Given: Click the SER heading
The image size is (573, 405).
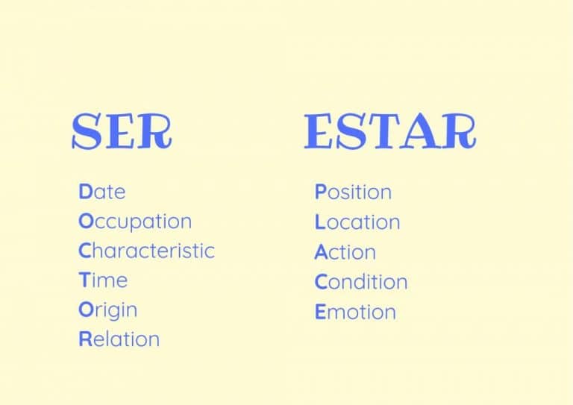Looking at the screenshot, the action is click(122, 131).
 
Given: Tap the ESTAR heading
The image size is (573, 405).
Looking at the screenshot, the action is click(390, 131).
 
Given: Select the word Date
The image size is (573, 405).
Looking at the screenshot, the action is click(102, 192).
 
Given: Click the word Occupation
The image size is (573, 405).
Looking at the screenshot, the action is click(135, 222).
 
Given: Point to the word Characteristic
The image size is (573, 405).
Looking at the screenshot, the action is click(146, 251).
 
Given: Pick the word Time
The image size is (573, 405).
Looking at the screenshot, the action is click(103, 280).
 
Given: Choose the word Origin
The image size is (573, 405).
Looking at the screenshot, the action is click(108, 311).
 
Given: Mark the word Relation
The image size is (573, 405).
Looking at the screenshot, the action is click(119, 339).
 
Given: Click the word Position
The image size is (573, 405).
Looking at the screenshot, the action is click(353, 192).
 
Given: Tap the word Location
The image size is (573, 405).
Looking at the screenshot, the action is click(357, 222).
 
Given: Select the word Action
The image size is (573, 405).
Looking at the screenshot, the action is click(345, 252).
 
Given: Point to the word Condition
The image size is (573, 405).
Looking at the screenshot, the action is click(361, 282).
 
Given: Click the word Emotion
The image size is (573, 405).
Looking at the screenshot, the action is click(356, 313).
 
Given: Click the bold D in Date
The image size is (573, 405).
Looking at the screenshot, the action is click(85, 192).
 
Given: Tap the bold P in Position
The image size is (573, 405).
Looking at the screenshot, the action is click(321, 192).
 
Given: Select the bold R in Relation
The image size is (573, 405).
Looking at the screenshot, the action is click(86, 339).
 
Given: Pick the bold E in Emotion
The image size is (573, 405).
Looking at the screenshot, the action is click(321, 313).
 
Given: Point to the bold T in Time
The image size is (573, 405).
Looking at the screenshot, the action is click(84, 280).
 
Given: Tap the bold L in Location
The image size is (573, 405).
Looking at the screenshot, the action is click(320, 222).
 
